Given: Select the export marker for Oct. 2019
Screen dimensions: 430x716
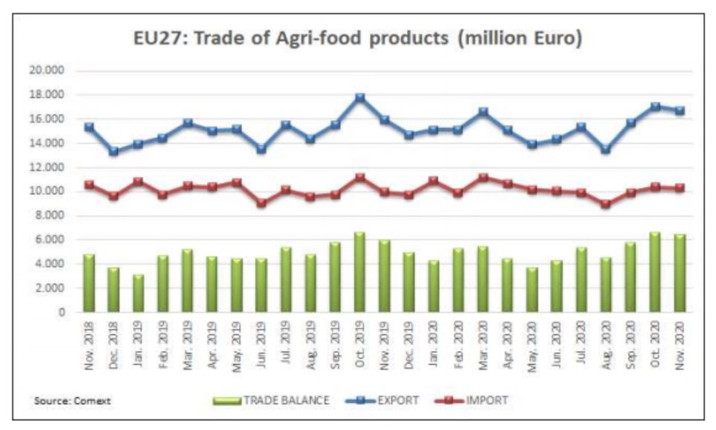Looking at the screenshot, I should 360,98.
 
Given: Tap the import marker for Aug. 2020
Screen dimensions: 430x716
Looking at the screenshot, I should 606,203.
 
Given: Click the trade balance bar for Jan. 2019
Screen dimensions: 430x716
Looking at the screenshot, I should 138,294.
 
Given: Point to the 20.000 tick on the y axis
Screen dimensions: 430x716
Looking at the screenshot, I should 48,71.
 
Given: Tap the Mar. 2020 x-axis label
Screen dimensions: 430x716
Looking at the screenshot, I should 483,340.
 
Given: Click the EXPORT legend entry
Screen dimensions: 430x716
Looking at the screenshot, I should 383,400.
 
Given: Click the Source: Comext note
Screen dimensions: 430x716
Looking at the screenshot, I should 72,401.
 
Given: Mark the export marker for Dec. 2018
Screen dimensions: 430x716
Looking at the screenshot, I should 113,151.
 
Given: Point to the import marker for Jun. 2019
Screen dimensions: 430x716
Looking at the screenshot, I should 262,202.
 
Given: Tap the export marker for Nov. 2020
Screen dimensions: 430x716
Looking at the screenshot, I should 679,110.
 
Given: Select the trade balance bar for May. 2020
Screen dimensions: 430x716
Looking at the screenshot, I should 531,290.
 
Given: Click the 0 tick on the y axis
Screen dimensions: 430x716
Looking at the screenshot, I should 62,312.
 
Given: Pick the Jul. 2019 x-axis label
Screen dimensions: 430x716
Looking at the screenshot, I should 286,340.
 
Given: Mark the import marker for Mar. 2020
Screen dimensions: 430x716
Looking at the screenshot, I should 483,178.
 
